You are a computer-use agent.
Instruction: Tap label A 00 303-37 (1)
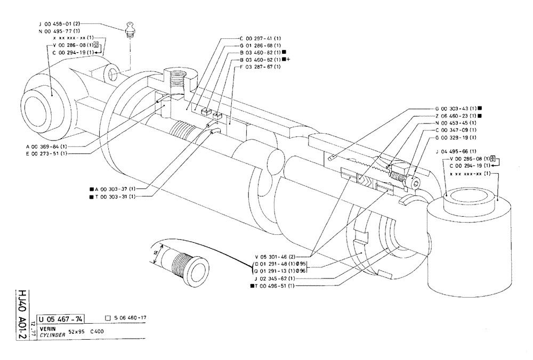pos(116,189)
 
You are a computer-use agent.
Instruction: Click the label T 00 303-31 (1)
pos(116,196)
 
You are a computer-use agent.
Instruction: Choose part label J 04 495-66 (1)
pos(455,151)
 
